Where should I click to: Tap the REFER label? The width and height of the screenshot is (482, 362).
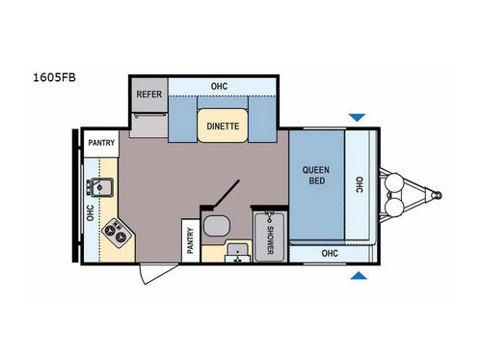(148, 95)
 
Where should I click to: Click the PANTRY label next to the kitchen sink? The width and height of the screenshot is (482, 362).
(102, 144)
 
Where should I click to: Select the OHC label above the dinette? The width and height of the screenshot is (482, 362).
(219, 85)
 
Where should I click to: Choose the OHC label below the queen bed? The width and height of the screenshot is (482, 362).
(329, 254)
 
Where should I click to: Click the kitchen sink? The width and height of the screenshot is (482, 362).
(101, 185)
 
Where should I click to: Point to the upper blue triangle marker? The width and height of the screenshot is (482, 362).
(358, 118)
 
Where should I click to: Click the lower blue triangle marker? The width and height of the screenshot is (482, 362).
(358, 277)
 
